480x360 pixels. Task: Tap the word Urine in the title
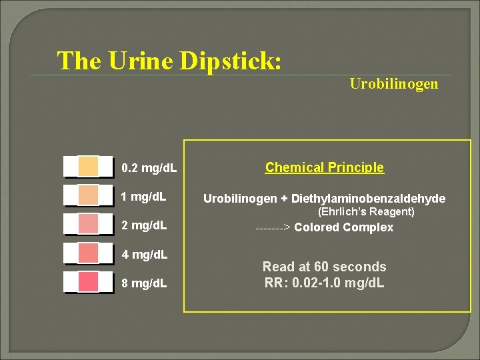[146, 61]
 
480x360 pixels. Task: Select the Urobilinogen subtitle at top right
[394, 84]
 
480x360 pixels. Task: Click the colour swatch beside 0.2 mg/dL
[88, 165]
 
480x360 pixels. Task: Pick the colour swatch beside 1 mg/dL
[88, 195]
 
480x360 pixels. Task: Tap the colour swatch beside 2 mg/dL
[88, 224]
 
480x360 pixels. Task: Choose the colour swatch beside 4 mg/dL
[88, 253]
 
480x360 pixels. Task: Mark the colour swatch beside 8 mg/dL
[88, 282]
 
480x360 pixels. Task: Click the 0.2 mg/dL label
[149, 168]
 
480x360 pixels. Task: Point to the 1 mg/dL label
[144, 197]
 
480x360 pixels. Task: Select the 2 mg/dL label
[144, 225]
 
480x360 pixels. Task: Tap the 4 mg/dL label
[144, 255]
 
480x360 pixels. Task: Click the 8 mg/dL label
[144, 283]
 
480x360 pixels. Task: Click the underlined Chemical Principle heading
[325, 167]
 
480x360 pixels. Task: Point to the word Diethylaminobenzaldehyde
[369, 199]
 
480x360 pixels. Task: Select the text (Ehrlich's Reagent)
[366, 212]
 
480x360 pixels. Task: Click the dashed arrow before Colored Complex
[273, 228]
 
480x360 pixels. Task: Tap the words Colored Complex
[344, 227]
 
